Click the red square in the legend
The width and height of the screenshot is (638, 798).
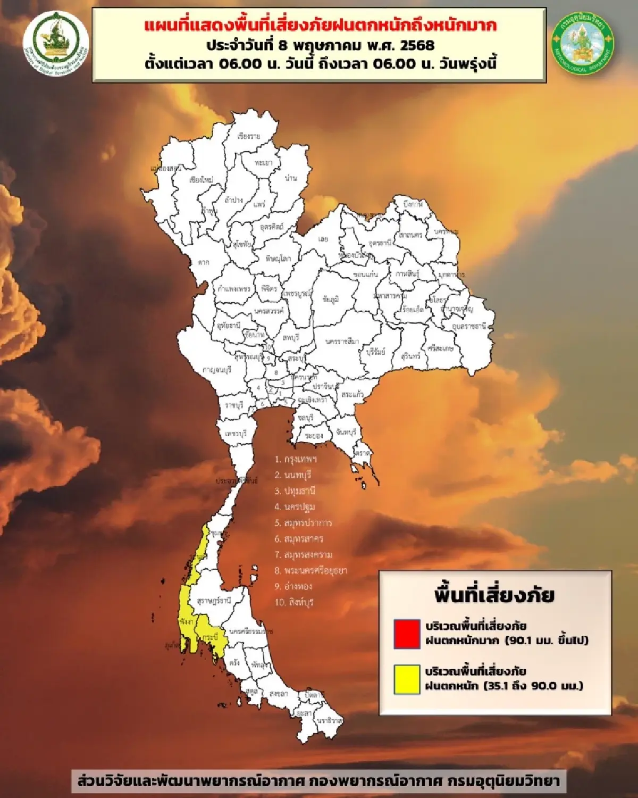(407, 633)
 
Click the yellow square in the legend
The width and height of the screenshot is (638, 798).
(407, 679)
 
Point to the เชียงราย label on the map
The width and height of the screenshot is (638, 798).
(249, 136)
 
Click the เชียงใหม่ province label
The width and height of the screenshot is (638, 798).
(201, 180)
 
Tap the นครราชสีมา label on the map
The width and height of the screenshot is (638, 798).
(342, 342)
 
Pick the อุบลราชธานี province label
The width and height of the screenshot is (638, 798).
(469, 326)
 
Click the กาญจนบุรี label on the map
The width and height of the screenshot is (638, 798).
(217, 370)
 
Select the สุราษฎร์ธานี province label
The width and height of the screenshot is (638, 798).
(214, 601)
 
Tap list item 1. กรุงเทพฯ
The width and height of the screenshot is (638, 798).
(296, 459)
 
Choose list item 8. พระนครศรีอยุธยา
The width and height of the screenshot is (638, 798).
(310, 570)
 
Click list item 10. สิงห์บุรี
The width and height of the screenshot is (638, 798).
(294, 602)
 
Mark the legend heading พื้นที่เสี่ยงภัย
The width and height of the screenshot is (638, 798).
(494, 595)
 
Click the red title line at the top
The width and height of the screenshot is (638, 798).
(321, 25)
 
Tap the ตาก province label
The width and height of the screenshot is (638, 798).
(203, 262)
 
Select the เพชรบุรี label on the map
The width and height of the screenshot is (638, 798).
(236, 434)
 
